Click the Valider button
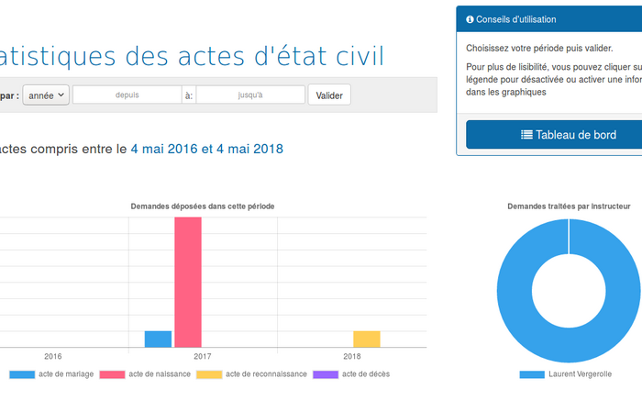pos(329,95)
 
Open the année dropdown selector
pos(46,95)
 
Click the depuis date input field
pos(127,95)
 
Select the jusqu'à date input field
pos(250,95)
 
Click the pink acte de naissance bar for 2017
pos(188,282)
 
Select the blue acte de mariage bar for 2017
pos(158,339)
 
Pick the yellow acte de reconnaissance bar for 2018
pos(366,339)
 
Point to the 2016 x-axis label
pos(53,356)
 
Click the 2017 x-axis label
pos(203,356)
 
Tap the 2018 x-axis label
pos(352,356)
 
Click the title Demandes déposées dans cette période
pos(203,206)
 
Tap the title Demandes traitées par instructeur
pos(569,206)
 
